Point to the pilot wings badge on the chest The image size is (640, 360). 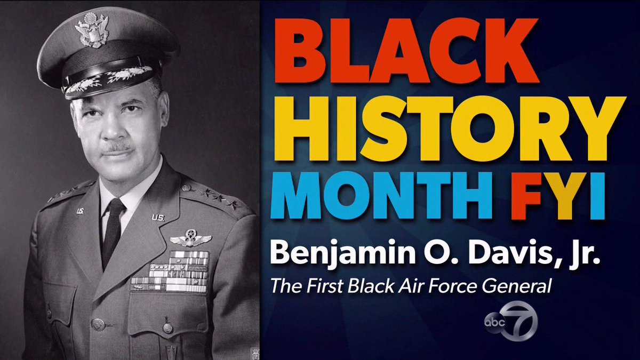[190, 238]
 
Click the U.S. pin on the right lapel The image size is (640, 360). [158, 217]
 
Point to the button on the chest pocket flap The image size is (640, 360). [98, 324]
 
